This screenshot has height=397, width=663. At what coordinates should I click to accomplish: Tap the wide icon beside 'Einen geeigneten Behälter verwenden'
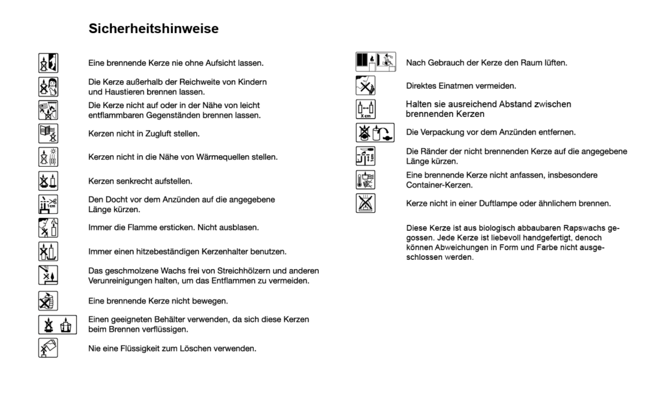click(x=56, y=325)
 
